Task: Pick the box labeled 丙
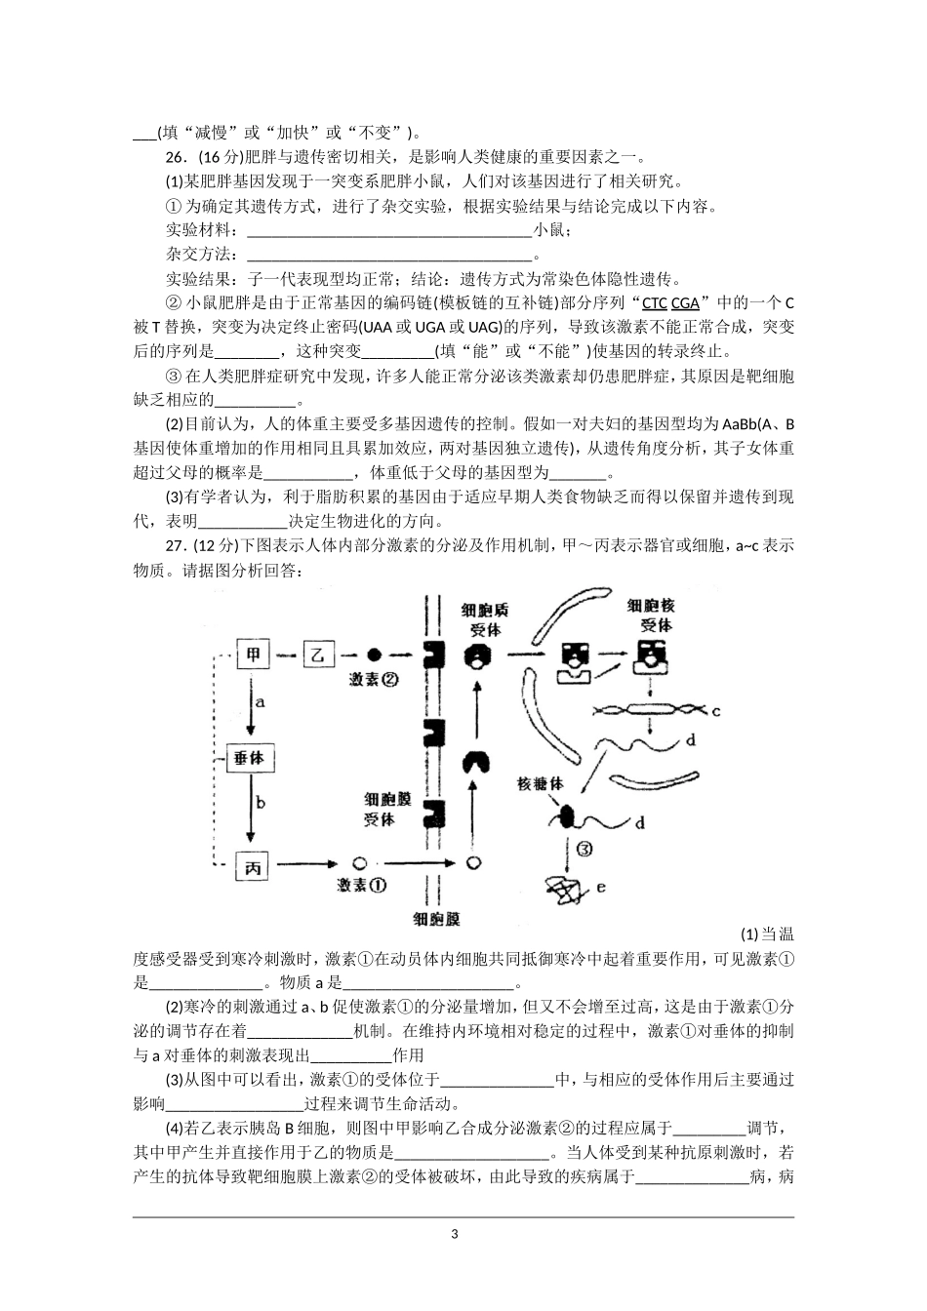coord(254,863)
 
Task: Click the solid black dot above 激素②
coord(374,655)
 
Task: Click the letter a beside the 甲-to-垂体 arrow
coord(260,701)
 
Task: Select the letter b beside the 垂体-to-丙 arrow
coord(260,802)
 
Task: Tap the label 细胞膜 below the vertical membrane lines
coord(436,919)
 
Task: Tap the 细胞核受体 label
coord(651,615)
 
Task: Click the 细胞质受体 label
coord(485,619)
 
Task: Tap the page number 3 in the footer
coord(455,1234)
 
